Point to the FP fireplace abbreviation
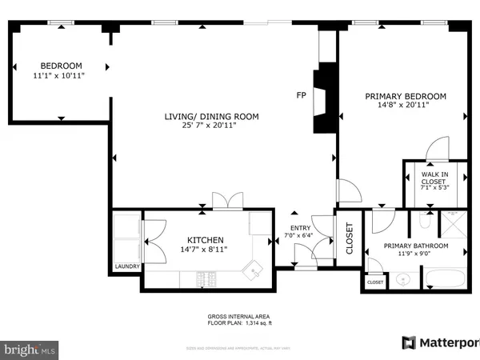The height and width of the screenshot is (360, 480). [x=302, y=96]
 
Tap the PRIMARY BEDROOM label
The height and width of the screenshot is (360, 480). [x=406, y=96]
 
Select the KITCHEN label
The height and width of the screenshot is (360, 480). [x=205, y=240]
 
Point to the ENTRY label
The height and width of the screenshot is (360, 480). [x=300, y=227]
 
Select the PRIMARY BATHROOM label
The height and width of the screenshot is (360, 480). [x=415, y=246]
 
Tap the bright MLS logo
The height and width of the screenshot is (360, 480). [x=30, y=349]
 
